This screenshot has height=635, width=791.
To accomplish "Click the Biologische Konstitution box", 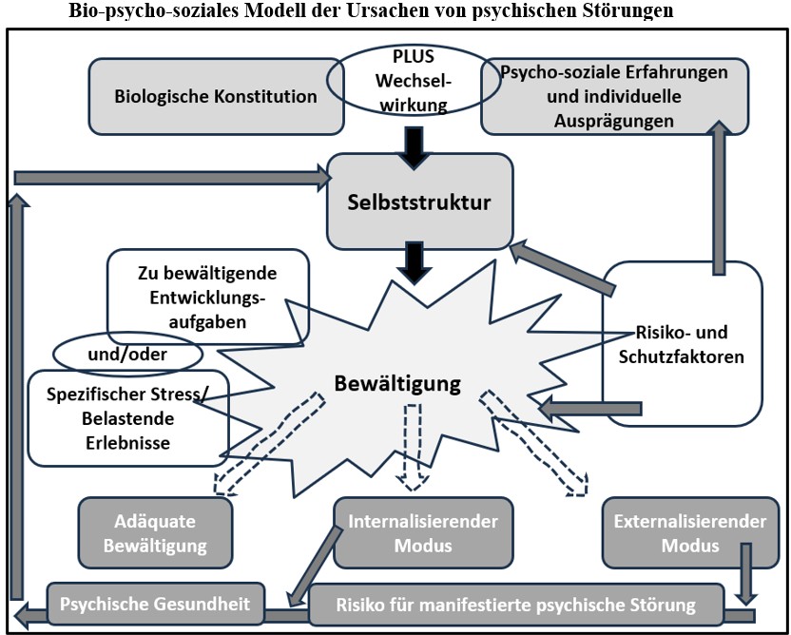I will click(x=216, y=96).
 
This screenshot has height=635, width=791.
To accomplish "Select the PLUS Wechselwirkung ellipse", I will click(x=404, y=82).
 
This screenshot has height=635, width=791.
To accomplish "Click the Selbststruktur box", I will click(x=420, y=202).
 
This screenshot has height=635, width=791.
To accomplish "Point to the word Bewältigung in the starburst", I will click(x=397, y=384).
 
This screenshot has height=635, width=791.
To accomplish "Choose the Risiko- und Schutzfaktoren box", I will click(x=683, y=344).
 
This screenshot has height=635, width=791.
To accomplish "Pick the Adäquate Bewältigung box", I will click(x=155, y=534).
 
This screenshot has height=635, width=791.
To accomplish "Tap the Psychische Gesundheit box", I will click(x=155, y=604).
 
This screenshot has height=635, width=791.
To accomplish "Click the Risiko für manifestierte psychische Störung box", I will click(x=516, y=605).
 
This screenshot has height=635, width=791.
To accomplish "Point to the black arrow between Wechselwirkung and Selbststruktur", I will click(x=412, y=147).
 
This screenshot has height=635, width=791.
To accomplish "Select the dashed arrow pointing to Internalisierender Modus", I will click(x=413, y=447).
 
